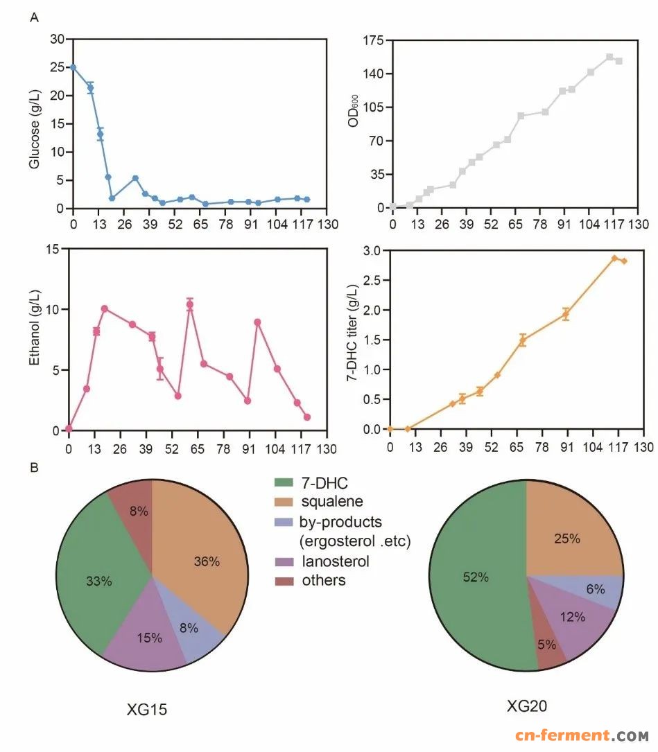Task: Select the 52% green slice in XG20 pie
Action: (x=478, y=575)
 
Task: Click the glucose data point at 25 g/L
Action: (x=73, y=67)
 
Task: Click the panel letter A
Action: (x=33, y=18)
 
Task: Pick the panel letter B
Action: (x=33, y=467)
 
